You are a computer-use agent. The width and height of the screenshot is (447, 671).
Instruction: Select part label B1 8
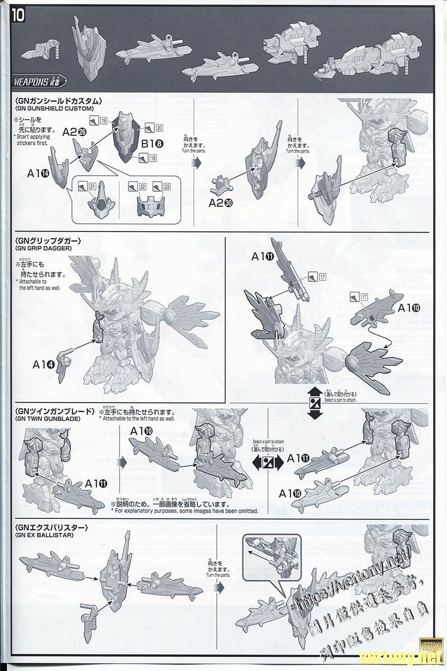point(152,144)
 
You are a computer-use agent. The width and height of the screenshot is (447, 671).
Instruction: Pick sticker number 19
point(104,121)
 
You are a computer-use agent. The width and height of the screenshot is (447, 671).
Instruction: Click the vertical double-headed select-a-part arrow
point(315,403)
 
